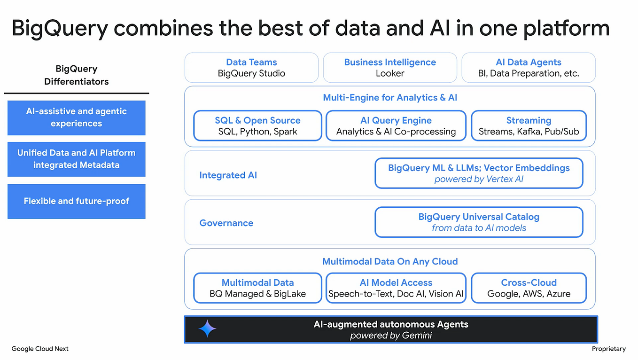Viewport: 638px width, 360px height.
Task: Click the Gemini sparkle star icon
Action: coord(207,329)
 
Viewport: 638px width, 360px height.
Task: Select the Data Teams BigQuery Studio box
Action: coord(251,68)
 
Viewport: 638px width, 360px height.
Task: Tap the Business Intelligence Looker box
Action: coord(390,68)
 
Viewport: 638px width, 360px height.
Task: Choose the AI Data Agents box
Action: coord(529,68)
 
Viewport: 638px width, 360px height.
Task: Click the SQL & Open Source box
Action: coord(257,126)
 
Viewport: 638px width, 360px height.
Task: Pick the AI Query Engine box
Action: coord(396,126)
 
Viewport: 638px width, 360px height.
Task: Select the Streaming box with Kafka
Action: coord(529,126)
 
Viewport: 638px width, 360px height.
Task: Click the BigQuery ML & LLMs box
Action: coord(479,173)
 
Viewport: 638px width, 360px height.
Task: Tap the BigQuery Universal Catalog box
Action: coord(479,222)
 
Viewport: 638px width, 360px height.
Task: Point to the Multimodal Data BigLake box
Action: coord(257,288)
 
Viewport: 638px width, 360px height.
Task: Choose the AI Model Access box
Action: coord(396,288)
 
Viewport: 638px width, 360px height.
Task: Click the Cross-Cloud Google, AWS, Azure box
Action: coord(529,288)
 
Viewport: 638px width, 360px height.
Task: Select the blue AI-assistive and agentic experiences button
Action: coord(76,117)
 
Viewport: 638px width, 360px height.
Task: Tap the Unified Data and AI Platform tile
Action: coord(76,159)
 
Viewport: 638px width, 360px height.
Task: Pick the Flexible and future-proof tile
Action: coord(76,201)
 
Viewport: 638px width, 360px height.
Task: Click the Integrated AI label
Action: coord(228,175)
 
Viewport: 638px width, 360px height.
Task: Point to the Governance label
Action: coord(226,223)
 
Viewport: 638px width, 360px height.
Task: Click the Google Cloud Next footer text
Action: coord(40,349)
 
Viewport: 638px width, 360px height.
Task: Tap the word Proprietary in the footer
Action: coord(608,349)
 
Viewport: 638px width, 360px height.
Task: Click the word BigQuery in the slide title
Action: coord(59,28)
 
